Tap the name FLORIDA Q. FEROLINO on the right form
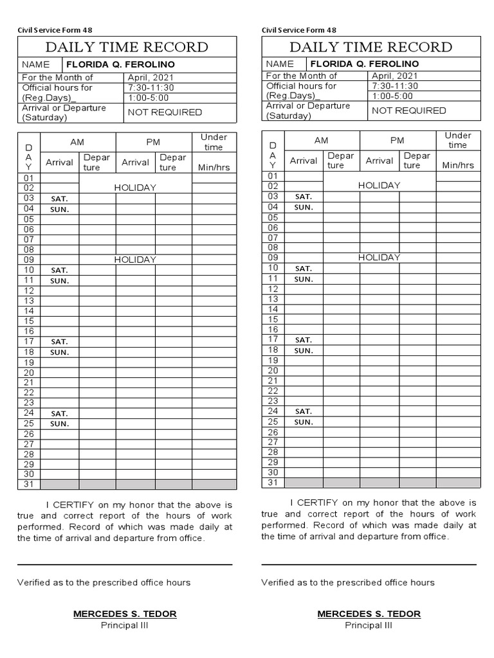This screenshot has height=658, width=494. (364, 64)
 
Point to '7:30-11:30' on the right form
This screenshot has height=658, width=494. (394, 85)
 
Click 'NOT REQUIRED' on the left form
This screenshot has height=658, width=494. (165, 112)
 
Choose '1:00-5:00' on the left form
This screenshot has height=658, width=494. (149, 98)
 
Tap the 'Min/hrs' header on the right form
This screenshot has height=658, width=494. (458, 165)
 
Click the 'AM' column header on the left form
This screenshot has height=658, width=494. (78, 142)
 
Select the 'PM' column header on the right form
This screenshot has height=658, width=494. (397, 140)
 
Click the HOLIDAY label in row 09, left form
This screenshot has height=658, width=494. (135, 260)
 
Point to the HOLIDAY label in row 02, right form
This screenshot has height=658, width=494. (379, 185)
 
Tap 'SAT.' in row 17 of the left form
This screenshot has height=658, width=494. (59, 342)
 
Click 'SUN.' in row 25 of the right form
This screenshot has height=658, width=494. (304, 422)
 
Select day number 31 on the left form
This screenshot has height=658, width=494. (28, 485)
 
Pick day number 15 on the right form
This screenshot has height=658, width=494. (273, 319)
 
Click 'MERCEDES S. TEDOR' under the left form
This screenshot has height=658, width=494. (125, 614)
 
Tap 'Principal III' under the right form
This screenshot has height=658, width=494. (369, 625)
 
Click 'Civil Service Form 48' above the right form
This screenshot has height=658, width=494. (298, 30)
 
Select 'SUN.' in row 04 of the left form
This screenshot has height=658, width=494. (59, 209)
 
